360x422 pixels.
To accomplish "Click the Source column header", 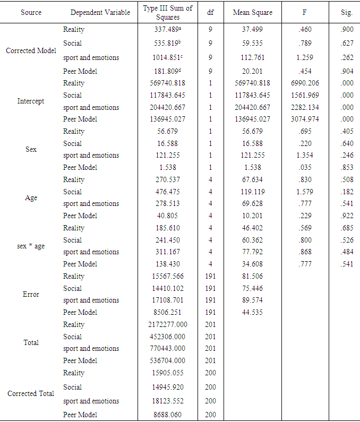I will coord(31,12).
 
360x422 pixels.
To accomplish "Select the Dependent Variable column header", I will coord(100,12).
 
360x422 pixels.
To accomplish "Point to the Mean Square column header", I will coord(252,12).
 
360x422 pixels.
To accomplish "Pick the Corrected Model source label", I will coord(31,50).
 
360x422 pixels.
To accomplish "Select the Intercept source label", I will coord(31,101).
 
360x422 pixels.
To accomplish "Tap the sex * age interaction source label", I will coord(31,246).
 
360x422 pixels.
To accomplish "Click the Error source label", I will coord(31,294).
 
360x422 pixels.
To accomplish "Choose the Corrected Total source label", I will coord(31,393).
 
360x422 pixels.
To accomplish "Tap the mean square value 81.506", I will coord(252,276).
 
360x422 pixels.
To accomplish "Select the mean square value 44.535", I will coord(252,312).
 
